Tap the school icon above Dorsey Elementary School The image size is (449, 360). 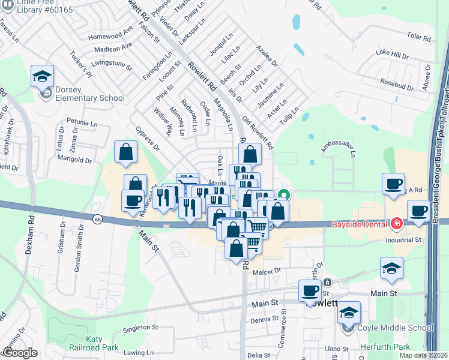point(43,76)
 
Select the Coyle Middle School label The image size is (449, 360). point(394,328)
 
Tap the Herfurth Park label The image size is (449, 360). point(385,347)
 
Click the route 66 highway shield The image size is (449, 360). point(97,220)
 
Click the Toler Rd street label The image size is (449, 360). point(419,38)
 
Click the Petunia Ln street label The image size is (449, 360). point(82,122)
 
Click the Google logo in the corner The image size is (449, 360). point(19,353)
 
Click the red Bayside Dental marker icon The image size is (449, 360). point(396,224)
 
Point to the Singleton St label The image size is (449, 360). point(140,328)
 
